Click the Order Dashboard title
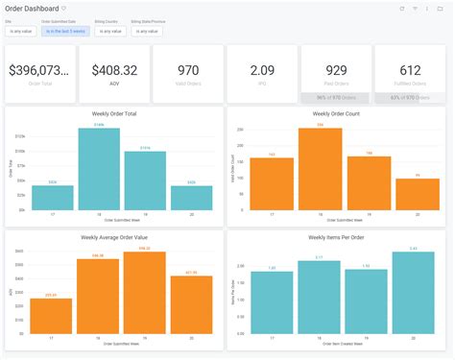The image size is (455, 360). point(32,8)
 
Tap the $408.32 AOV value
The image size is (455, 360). point(114,69)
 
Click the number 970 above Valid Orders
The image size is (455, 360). point(188,69)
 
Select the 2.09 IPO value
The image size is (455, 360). point(262,69)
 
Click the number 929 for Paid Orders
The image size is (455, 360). point(336,69)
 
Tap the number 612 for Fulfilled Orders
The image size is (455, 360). point(410,69)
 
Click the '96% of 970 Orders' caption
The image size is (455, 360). point(336,97)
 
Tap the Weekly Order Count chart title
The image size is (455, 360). point(335,114)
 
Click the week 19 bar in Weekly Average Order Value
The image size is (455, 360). point(144,293)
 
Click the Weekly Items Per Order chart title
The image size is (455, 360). point(335,236)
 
